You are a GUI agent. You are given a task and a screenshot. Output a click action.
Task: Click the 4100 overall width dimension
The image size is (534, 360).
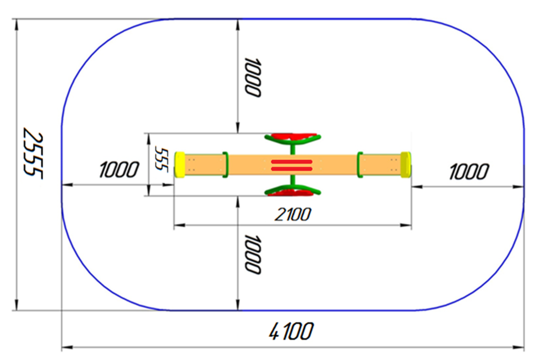point(291,331)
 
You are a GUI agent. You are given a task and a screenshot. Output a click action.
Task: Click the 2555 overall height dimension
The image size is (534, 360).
point(34,153)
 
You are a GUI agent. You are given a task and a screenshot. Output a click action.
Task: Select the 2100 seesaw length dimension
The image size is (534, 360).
point(293,214)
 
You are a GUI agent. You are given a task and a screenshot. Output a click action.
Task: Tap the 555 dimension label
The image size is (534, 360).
point(161,158)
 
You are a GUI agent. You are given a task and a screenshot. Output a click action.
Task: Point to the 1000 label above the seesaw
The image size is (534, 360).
point(253,77)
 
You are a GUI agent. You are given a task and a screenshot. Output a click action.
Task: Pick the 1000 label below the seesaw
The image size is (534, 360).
point(253,254)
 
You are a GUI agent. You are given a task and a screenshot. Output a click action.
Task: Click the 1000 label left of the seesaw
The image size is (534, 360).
point(119,169)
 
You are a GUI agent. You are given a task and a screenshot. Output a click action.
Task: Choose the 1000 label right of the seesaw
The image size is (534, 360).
point(469,171)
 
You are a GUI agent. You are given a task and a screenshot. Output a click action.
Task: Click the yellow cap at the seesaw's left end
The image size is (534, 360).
point(179,165)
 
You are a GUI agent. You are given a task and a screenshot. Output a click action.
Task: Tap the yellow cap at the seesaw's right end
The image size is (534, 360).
point(406,165)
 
